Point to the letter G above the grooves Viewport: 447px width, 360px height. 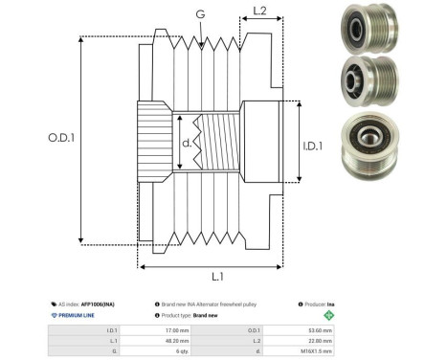pos(199,13)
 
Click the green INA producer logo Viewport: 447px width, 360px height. pos(328,314)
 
